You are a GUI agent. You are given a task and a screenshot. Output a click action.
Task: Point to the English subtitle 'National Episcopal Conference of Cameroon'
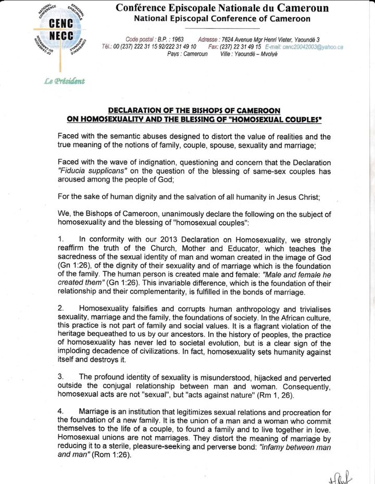tap(222, 19)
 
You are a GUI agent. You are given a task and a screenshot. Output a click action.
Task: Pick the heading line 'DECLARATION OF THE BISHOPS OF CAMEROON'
tap(194, 111)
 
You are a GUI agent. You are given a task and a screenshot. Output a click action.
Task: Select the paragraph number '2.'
tap(61, 308)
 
